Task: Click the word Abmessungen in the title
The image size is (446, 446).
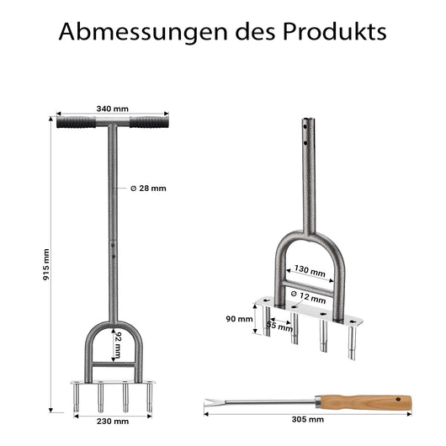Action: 143,32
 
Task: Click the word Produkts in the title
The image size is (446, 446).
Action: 335,31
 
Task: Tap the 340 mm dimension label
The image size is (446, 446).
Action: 113,109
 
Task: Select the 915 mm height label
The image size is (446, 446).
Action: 46,264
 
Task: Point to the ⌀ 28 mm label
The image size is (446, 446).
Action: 148,188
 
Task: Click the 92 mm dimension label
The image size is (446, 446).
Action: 117,345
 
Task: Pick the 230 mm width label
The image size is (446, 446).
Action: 113,422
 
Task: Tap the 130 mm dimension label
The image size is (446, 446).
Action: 310,271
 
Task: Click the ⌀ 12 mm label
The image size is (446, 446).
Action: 308,297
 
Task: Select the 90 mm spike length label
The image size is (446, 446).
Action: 239,319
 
